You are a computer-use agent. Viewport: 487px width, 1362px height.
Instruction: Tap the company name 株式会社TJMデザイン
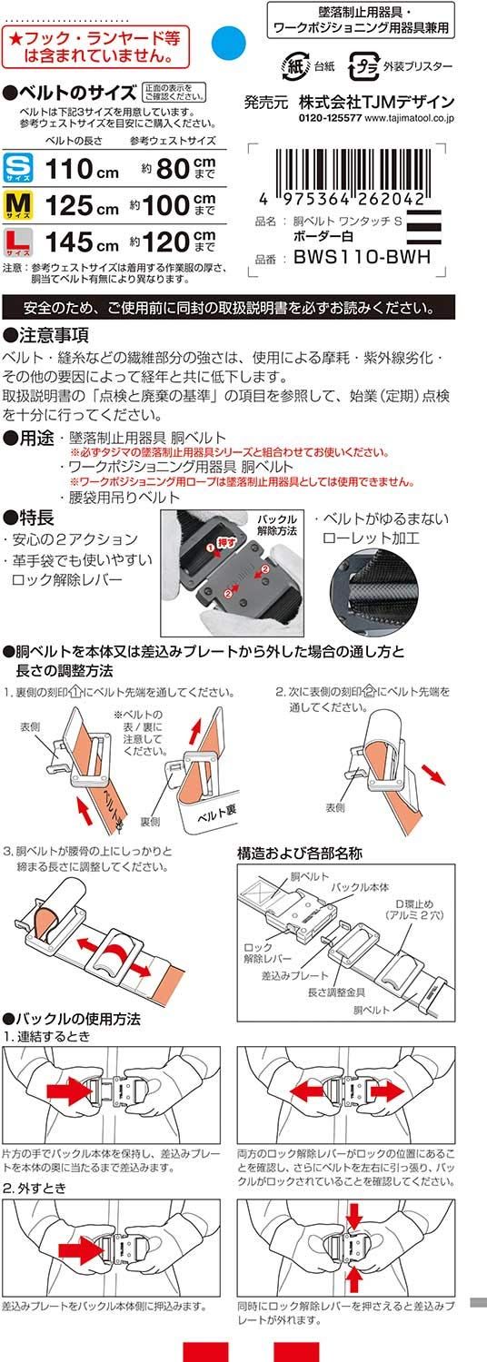[x=373, y=102]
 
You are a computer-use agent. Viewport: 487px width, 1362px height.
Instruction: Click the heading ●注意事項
[x=46, y=333]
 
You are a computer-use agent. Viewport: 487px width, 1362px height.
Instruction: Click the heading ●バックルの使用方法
[x=72, y=1019]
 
